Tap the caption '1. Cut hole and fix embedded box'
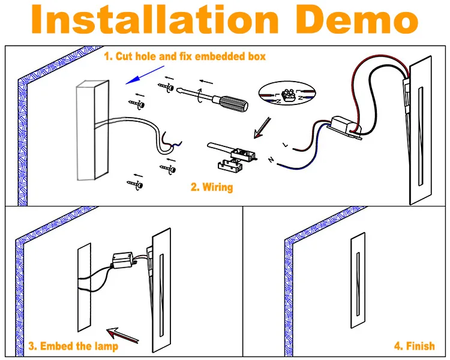(185, 57)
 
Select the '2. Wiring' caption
(212, 187)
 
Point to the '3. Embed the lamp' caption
(73, 346)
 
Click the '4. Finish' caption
(414, 346)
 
